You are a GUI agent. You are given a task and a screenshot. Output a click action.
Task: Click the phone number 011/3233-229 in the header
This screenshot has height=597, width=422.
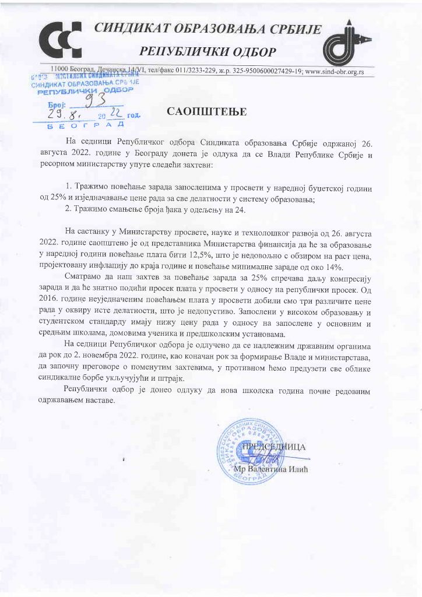[198, 71]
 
